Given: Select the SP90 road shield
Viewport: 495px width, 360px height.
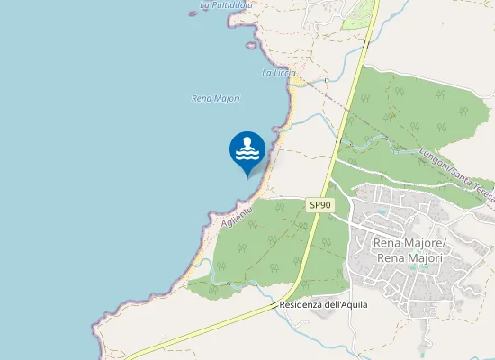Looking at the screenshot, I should (x=319, y=205).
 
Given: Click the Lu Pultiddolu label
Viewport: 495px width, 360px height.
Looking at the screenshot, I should (x=227, y=5).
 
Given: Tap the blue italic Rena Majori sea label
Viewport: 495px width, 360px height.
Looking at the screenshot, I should (x=216, y=98).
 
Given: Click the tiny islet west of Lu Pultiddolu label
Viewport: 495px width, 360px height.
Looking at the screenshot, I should (x=192, y=13).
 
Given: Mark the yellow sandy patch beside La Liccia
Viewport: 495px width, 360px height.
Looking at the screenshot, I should (x=294, y=81).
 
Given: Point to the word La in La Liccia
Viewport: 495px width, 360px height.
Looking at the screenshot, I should (x=266, y=72).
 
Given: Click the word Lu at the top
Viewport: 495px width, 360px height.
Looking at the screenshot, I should (x=204, y=5).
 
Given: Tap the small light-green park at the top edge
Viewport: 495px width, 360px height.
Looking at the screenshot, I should (x=359, y=13).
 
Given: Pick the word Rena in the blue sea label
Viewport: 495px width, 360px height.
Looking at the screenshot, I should (x=202, y=98).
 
